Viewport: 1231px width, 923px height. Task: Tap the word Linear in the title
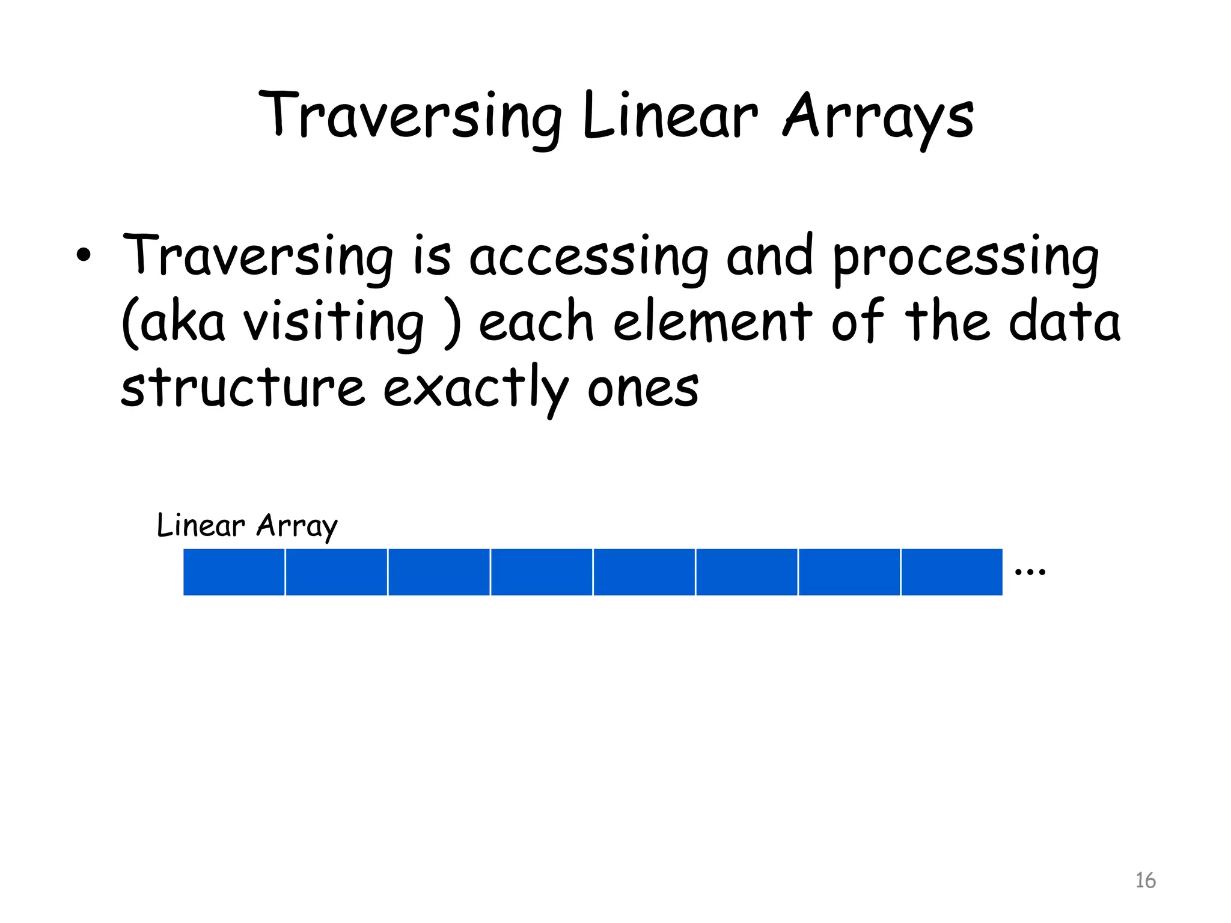670,117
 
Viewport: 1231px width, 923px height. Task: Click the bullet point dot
84,256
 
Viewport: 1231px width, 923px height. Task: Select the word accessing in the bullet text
589,258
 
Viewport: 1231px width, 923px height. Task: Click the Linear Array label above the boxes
247,526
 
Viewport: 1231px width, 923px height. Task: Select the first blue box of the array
234,572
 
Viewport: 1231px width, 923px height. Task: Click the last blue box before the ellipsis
952,572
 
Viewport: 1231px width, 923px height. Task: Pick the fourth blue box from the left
542,572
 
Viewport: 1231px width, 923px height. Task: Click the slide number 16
1145,880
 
